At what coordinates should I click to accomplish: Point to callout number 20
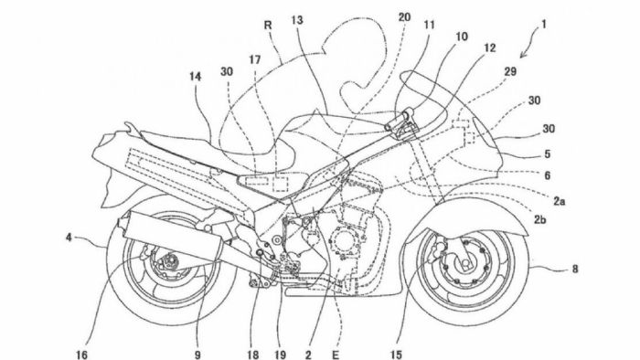404,16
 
